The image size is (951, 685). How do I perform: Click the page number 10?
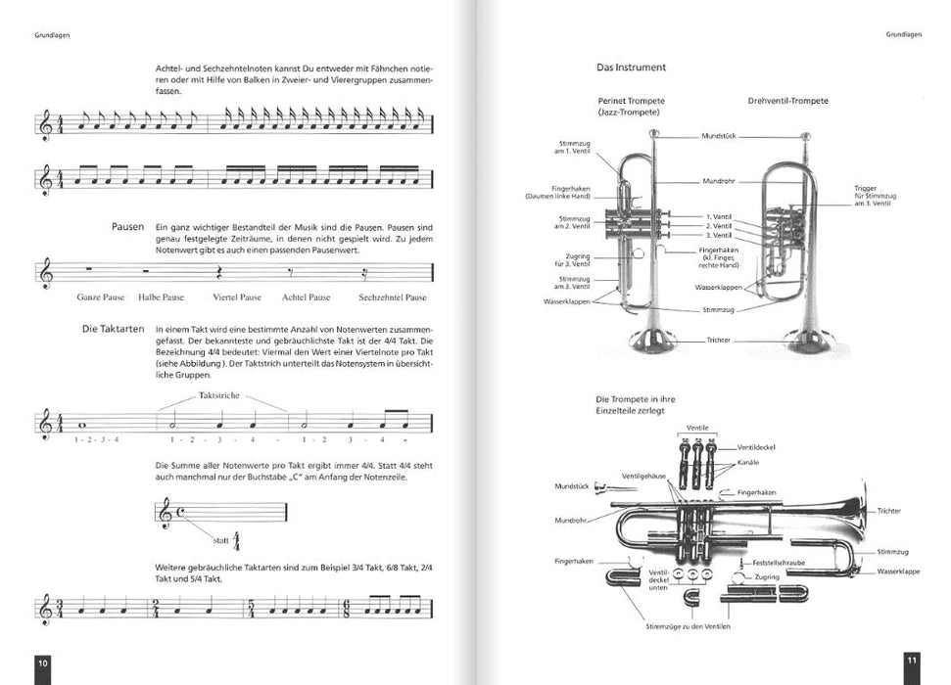pos(43,662)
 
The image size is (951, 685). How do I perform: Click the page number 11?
pos(910,662)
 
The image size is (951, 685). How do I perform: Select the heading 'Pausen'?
pos(128,227)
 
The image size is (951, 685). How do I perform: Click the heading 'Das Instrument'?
pos(632,68)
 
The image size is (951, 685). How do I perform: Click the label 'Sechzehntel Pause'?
pos(393,297)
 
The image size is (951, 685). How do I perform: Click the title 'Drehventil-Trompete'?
pos(787,101)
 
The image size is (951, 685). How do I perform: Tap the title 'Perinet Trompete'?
pos(632,101)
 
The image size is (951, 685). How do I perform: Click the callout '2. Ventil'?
pos(719,225)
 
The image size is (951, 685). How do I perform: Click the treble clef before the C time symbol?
pos(164,513)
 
